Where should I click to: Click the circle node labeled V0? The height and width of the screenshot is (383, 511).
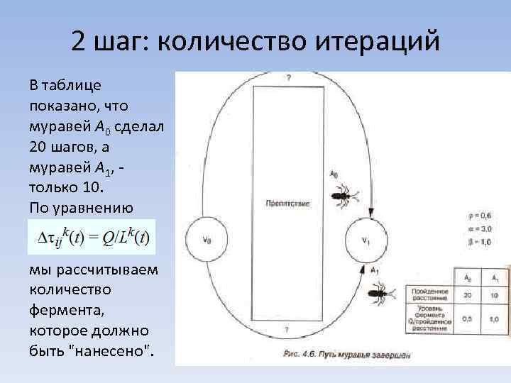coord(207,239)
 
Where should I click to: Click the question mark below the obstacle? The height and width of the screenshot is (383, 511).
coord(286,330)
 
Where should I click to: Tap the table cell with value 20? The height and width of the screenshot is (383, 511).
coord(466,294)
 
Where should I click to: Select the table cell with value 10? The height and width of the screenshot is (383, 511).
coord(493,294)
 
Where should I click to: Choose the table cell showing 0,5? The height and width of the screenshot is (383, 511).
coord(466,319)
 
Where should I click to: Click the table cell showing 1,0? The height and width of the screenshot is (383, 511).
coord(493,319)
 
